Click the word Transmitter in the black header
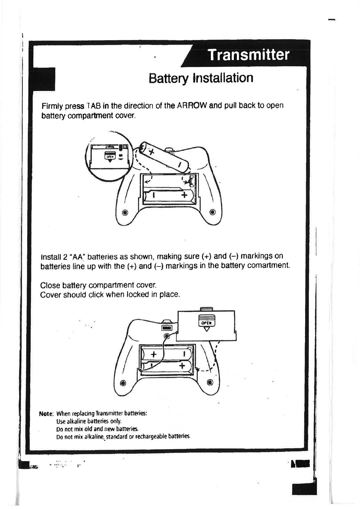(248, 55)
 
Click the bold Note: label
(46, 413)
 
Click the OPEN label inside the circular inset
(110, 157)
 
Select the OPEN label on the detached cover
(206, 323)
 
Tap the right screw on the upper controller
(212, 212)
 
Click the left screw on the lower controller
(123, 383)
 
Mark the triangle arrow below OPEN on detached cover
(206, 329)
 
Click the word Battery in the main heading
(168, 78)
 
